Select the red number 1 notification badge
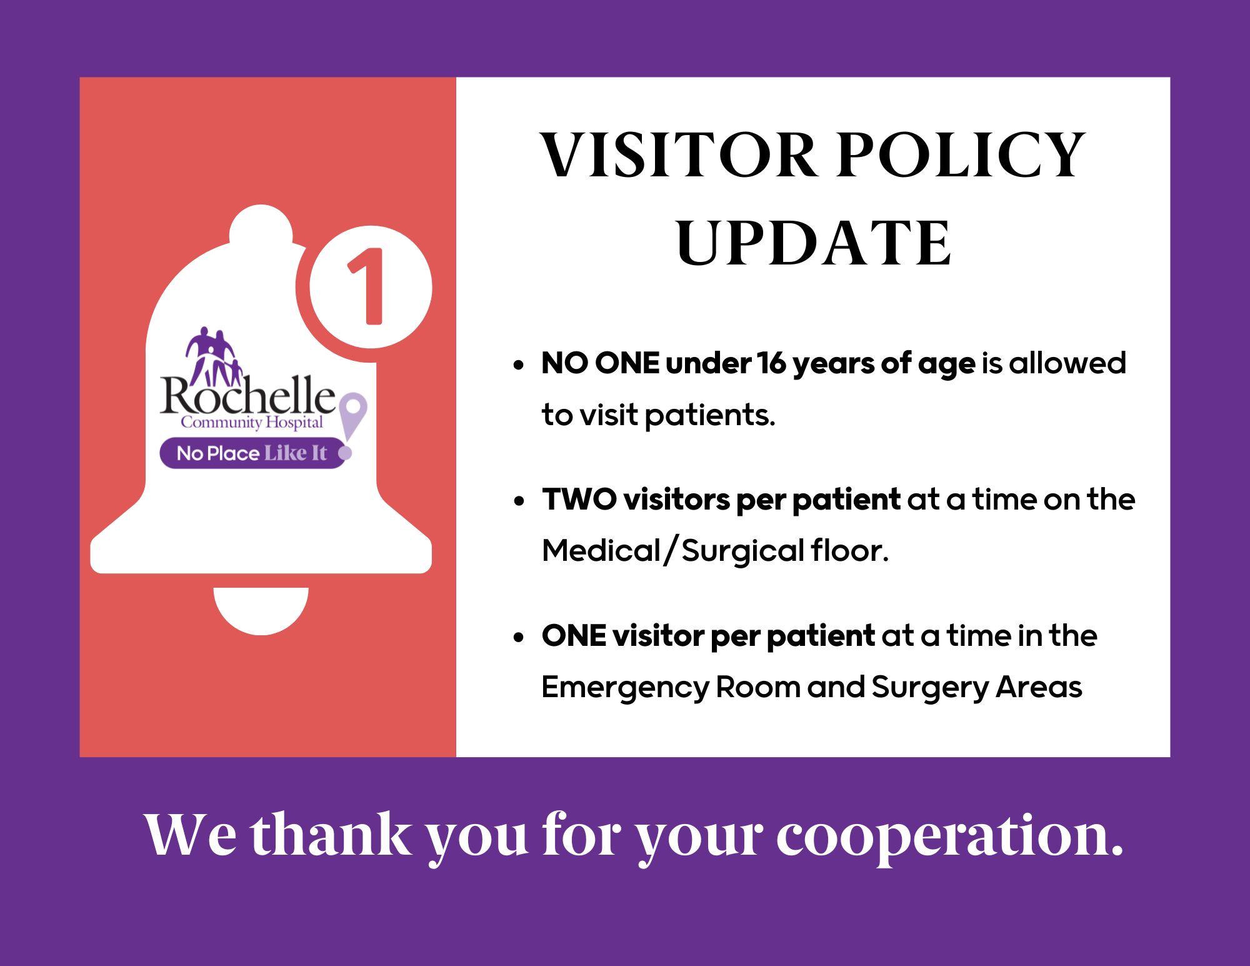(x=371, y=287)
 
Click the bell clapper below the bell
(x=261, y=610)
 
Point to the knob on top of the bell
(x=261, y=228)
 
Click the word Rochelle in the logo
(x=248, y=395)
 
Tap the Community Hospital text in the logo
(x=252, y=423)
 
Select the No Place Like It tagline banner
(x=253, y=453)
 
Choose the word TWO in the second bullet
(x=579, y=500)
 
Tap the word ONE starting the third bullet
(x=574, y=636)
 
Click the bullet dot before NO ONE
(x=518, y=365)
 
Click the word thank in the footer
(x=331, y=833)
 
